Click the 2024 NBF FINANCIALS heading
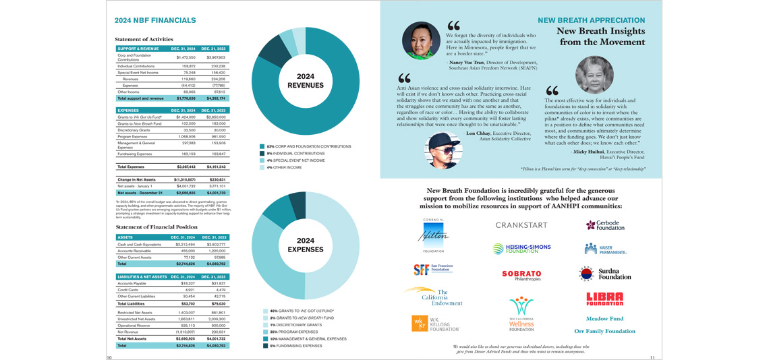point(155,21)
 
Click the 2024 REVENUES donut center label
point(306,81)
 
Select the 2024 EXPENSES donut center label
point(306,245)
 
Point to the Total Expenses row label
point(133,167)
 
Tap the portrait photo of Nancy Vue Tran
point(421,40)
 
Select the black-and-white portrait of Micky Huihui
point(594,73)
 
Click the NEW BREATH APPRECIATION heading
point(591,20)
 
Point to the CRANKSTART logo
point(521,225)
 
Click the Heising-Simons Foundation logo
point(521,249)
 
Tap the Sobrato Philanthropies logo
point(521,275)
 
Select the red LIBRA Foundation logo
point(604,299)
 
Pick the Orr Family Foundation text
point(604,331)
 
